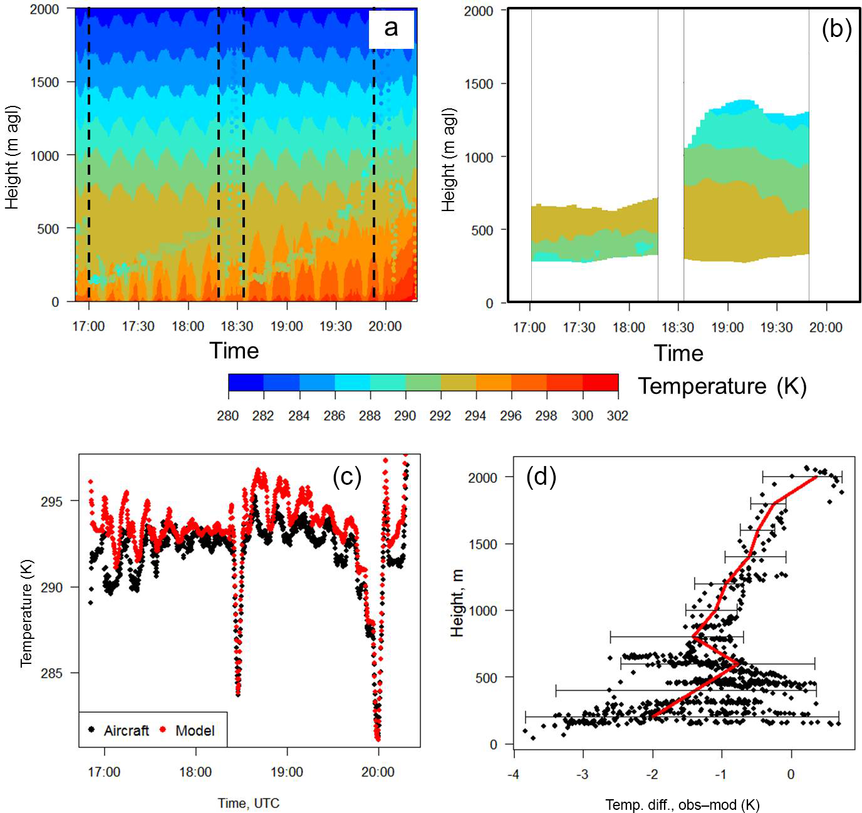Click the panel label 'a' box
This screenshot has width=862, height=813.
[x=391, y=29]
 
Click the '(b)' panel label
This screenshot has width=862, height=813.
[x=836, y=29]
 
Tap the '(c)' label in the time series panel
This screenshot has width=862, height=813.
[x=347, y=477]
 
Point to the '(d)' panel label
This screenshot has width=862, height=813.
[x=541, y=477]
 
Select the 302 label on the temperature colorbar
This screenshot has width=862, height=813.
[x=617, y=416]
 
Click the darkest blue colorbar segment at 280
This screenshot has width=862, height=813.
[x=246, y=383]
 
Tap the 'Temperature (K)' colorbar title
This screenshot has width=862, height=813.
[x=722, y=386]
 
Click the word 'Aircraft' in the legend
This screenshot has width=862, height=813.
[x=127, y=730]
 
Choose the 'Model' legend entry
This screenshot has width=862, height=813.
[x=195, y=730]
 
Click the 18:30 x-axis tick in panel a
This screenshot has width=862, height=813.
[x=237, y=326]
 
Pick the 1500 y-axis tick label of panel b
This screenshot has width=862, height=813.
[x=479, y=84]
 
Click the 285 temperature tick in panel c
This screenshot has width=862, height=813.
[x=51, y=673]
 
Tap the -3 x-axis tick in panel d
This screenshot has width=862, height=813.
[x=583, y=774]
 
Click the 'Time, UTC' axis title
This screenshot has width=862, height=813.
[x=249, y=803]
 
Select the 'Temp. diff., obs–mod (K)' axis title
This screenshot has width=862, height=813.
[x=682, y=805]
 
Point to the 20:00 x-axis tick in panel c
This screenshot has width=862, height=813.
[x=378, y=772]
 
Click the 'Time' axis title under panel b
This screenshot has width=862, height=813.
[x=678, y=353]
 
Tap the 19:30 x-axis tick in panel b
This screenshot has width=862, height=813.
[x=776, y=328]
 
